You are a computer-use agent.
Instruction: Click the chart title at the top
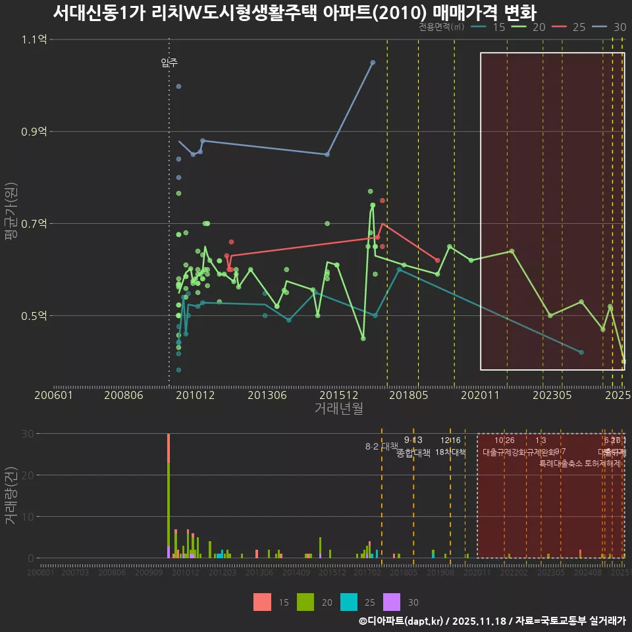coord(294,13)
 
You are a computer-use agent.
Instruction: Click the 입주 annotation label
coord(169,63)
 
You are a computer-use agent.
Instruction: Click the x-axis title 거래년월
coord(338,408)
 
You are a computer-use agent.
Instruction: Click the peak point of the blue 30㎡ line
coord(373,63)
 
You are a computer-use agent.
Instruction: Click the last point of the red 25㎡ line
coord(437,261)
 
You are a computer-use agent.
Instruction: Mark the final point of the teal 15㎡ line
coord(581,352)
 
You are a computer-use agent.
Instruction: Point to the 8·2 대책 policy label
coord(382,446)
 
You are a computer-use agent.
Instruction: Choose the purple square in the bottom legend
coord(392,602)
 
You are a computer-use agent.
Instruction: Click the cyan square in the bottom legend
coord(349,602)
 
